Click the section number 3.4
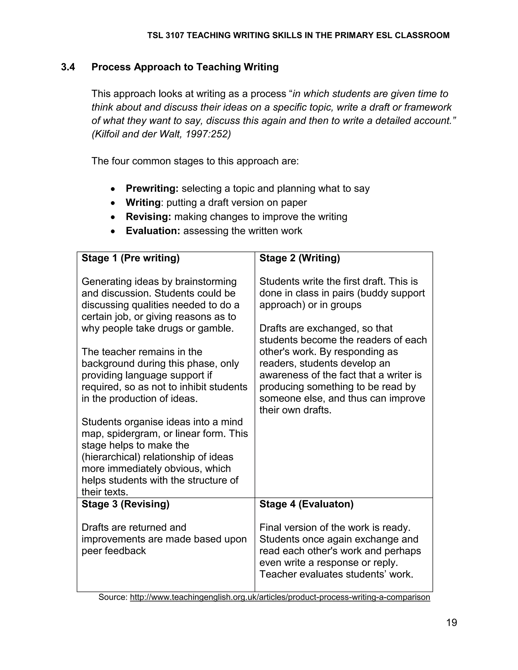68,67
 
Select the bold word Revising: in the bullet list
148,217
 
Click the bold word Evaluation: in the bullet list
153,231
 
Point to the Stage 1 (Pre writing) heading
131,258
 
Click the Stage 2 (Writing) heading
299,258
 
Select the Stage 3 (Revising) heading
125,504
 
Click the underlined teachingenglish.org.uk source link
280,597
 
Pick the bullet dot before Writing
113,203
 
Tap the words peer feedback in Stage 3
114,551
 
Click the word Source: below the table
113,597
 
